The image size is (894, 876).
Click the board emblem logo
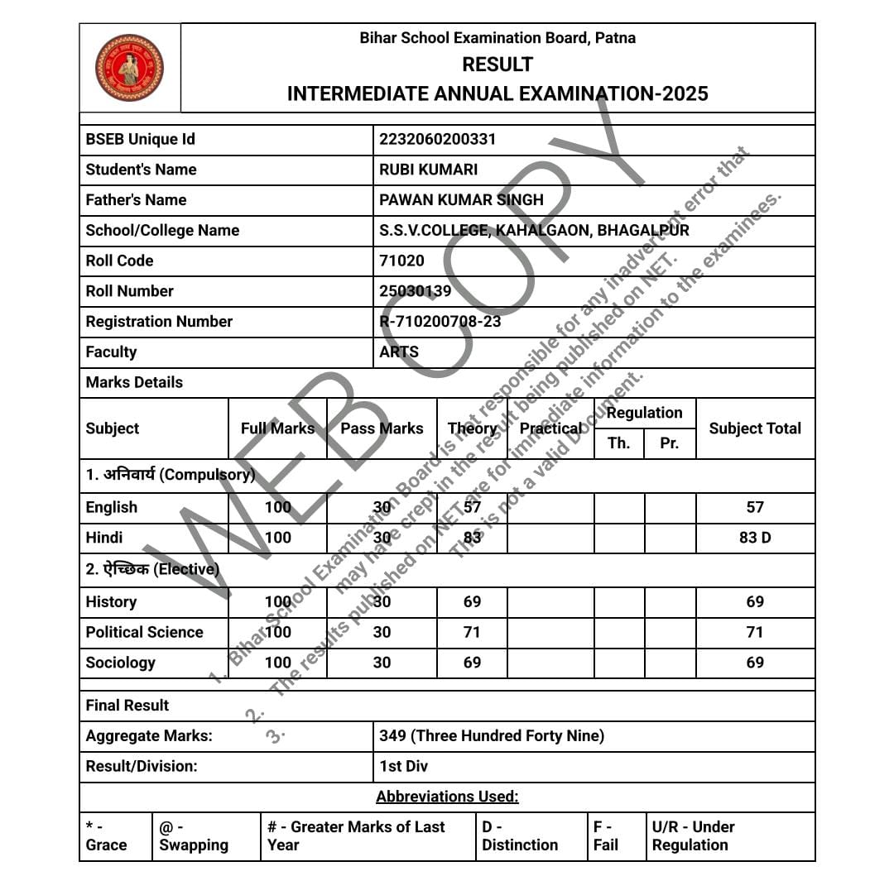pos(129,68)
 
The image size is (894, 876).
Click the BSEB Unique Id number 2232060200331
pos(437,139)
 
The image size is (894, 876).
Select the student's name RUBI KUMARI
pos(428,170)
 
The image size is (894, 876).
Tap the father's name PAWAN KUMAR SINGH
pos(461,199)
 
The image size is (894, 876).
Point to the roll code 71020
pos(401,261)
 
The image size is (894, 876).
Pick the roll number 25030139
pos(415,291)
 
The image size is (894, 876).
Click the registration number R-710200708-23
pos(440,321)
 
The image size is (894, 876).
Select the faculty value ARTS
pos(399,352)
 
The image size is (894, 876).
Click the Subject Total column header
pos(755,428)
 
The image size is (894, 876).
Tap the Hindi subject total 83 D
pos(755,538)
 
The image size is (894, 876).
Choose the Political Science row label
pos(144,632)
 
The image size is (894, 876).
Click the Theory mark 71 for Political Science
pos(472,632)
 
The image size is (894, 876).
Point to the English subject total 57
pos(755,507)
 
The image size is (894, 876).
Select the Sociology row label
pos(120,663)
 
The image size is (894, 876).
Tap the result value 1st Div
pos(404,766)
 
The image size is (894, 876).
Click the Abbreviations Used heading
pos(447,797)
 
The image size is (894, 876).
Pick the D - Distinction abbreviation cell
pos(520,835)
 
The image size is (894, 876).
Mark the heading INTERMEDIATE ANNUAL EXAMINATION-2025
pos(497,93)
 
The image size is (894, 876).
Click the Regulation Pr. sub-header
pos(670,443)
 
